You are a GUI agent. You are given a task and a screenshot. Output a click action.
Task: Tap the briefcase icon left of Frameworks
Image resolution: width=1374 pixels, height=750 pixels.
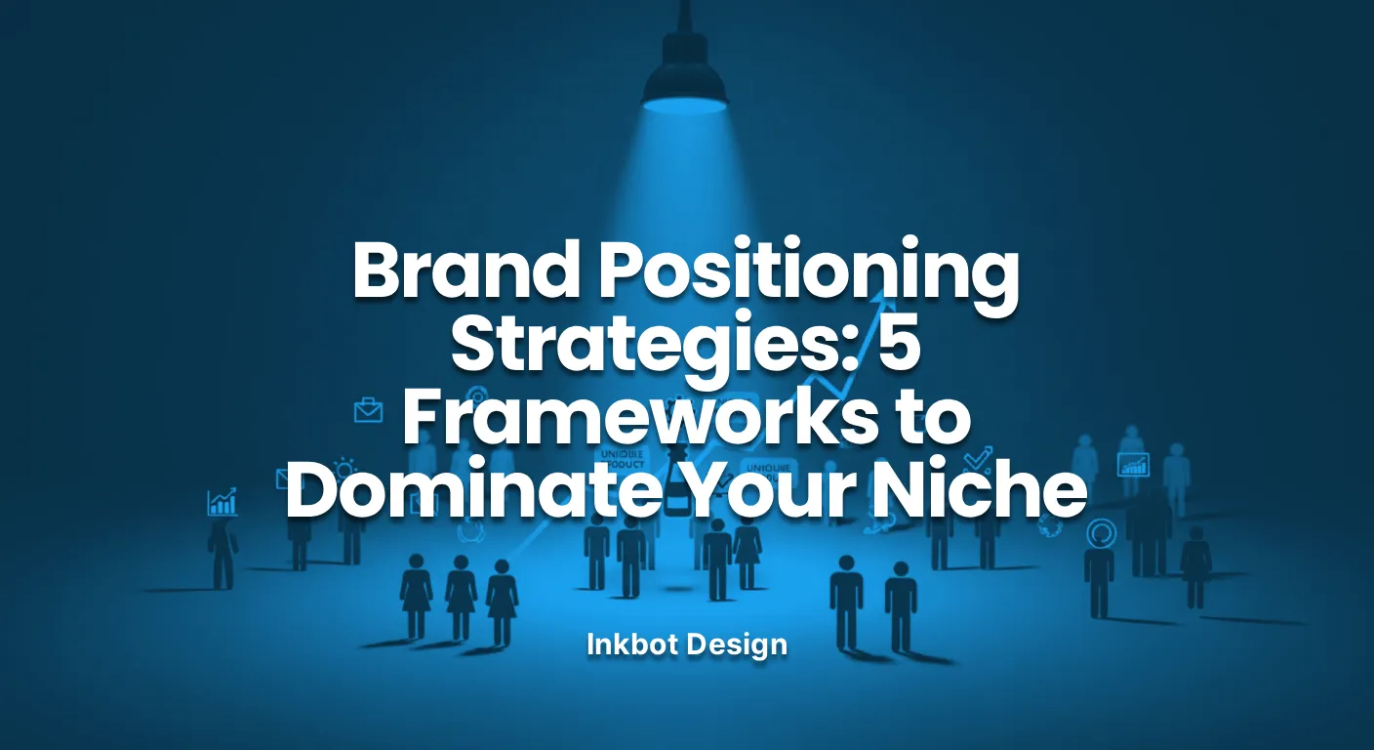point(369,410)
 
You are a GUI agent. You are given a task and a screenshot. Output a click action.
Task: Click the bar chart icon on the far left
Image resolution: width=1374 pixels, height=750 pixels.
point(222,502)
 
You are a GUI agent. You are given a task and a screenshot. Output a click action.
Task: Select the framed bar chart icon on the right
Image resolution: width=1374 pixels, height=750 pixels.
point(1133,464)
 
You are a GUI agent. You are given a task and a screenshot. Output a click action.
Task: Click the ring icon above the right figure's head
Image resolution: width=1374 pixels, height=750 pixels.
point(1100,533)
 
